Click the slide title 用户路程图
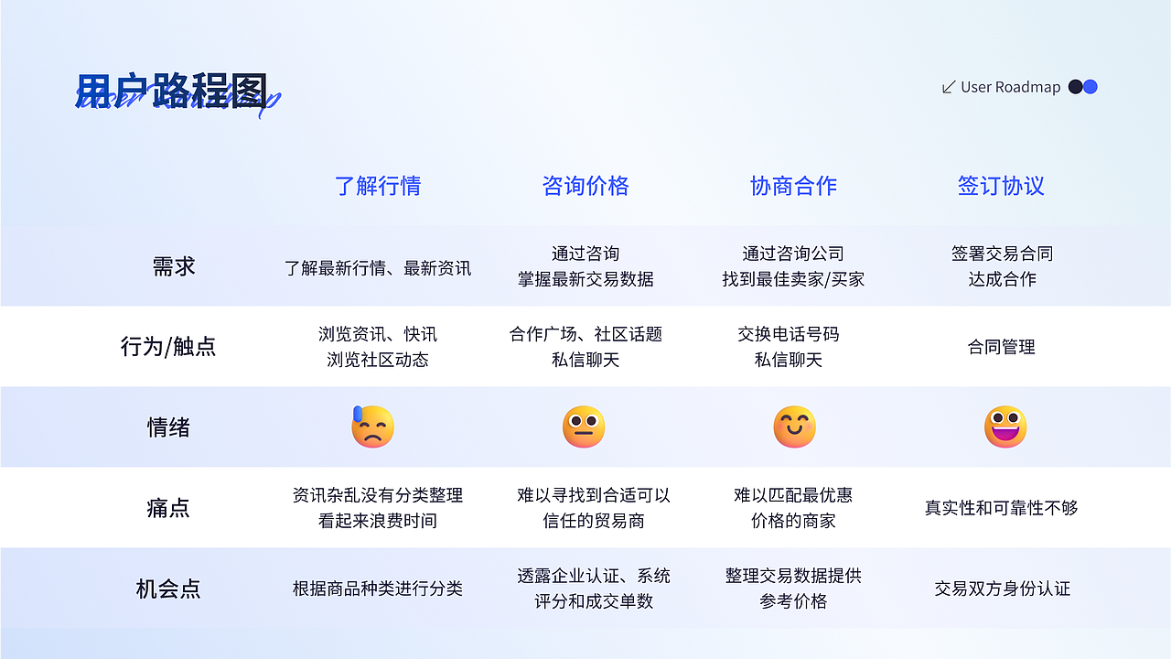click(x=171, y=91)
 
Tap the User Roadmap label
click(x=1010, y=87)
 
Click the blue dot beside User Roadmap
click(x=1090, y=87)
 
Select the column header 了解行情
click(x=378, y=186)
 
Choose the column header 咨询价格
click(x=585, y=186)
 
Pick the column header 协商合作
click(x=793, y=186)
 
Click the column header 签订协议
click(x=1001, y=186)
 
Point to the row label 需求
click(x=174, y=266)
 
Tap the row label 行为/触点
click(x=168, y=347)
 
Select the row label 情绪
click(x=168, y=427)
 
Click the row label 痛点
click(x=168, y=508)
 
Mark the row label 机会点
click(x=168, y=589)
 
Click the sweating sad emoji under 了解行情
click(x=372, y=427)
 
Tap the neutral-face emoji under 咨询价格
click(x=584, y=427)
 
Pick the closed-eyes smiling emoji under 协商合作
click(x=794, y=427)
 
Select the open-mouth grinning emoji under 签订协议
click(x=1005, y=427)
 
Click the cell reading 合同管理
click(x=1002, y=347)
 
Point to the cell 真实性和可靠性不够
click(x=1002, y=508)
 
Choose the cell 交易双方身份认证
click(x=1002, y=589)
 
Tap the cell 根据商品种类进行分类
click(x=378, y=589)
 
